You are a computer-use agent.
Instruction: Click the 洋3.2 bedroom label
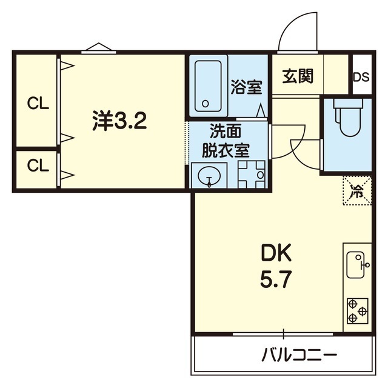[119, 122]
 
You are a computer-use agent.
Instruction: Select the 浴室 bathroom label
[246, 87]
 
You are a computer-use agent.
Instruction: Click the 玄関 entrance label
[297, 76]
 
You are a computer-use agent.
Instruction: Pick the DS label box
[361, 77]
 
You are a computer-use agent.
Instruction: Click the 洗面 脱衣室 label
[229, 140]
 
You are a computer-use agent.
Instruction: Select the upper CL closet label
[37, 103]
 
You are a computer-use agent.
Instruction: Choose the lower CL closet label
[37, 165]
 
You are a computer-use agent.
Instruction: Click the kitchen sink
[357, 264]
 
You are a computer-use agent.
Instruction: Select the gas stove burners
[357, 312]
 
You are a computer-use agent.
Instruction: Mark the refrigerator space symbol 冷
[358, 192]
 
